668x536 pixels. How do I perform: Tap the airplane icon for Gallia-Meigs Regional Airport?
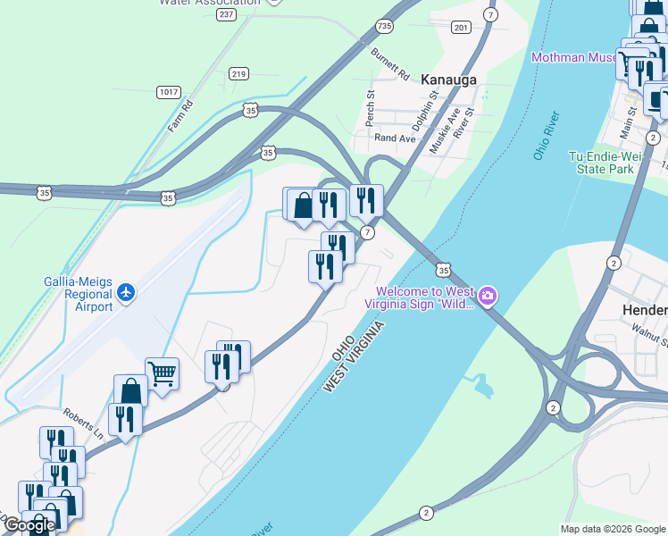pyautogui.click(x=126, y=292)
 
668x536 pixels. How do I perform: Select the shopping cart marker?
pyautogui.click(x=162, y=373)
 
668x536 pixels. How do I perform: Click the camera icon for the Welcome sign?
pyautogui.click(x=488, y=296)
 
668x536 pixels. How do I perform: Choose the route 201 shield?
pyautogui.click(x=461, y=28)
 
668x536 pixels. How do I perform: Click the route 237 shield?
pyautogui.click(x=226, y=14)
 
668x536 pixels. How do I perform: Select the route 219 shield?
pyautogui.click(x=238, y=73)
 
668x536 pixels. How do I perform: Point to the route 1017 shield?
pyautogui.click(x=167, y=92)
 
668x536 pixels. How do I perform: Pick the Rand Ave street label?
pyautogui.click(x=395, y=138)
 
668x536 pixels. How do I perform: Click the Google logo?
pyautogui.click(x=29, y=525)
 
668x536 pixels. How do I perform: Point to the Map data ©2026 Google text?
pyautogui.click(x=613, y=529)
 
